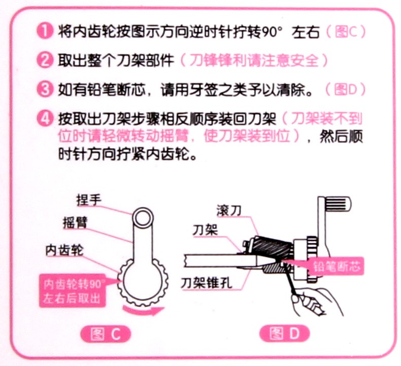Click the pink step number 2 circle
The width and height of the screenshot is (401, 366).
45,60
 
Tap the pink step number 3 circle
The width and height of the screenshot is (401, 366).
45,89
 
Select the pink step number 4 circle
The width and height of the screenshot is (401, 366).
45,119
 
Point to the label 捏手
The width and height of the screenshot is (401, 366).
88,200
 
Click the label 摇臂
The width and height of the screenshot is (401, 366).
75,223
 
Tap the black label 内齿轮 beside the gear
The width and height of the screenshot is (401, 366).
64,250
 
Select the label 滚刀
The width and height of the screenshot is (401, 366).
229,211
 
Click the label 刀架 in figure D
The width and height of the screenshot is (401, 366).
205,230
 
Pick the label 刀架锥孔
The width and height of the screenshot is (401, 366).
207,283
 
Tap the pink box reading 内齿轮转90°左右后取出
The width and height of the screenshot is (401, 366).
73,290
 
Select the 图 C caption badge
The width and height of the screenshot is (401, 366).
106,334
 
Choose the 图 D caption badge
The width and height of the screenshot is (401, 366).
284,334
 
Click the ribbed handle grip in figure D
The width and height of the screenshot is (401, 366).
338,204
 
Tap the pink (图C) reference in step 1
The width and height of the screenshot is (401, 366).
346,32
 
